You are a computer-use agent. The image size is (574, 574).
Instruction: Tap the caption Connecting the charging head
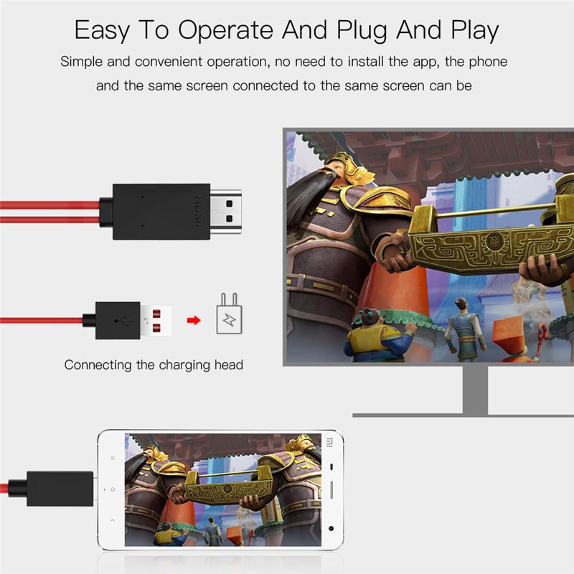pyautogui.click(x=154, y=364)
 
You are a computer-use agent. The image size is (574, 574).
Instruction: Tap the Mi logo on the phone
pyautogui.click(x=329, y=441)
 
